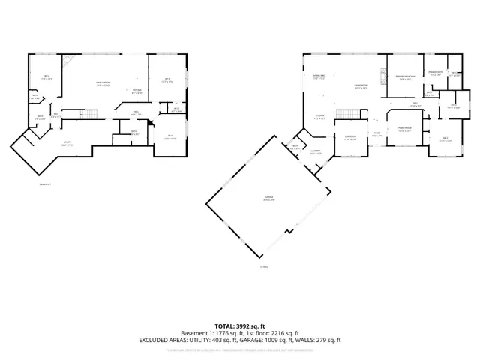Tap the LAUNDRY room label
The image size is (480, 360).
tap(316, 152)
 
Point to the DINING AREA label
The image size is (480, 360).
tap(319, 76)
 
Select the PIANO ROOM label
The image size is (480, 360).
tap(406, 129)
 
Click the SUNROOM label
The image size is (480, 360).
tap(350, 136)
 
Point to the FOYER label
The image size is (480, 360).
tap(378, 135)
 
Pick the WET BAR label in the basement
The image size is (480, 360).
tap(137, 90)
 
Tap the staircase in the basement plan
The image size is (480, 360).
tap(89, 113)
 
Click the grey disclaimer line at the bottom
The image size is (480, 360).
tap(239, 350)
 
